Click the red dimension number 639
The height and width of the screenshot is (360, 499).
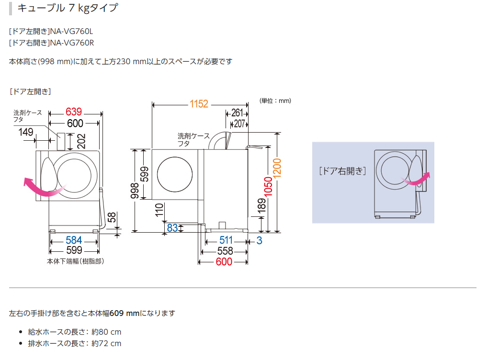pos(74,112)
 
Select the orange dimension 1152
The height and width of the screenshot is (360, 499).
pos(199,103)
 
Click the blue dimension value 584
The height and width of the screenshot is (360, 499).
pos(74,240)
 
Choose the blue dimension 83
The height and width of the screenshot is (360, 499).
pos(172,228)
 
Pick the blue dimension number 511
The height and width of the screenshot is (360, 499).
pos(226,240)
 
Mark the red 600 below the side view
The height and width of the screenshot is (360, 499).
pos(224,261)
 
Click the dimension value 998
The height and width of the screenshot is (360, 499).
pos(135,190)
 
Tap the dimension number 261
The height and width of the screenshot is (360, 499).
pos(236,113)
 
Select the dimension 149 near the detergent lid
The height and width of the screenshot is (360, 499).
pos(27,132)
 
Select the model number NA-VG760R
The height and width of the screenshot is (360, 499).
pos(72,42)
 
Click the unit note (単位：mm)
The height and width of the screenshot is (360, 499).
pos(275,101)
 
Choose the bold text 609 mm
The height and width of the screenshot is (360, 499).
pos(125,313)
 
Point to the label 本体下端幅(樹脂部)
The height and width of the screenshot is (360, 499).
pos(75,261)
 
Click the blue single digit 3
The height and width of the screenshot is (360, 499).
pos(259,240)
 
